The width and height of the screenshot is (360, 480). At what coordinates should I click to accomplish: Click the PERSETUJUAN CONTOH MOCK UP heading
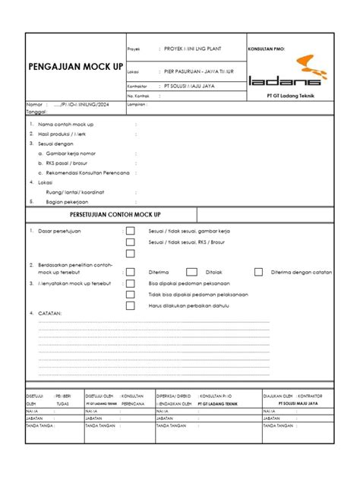point(110,215)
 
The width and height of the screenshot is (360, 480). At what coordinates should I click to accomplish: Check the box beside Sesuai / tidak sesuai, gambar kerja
point(131,231)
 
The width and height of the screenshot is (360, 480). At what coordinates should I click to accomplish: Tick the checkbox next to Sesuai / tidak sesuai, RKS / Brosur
point(131,242)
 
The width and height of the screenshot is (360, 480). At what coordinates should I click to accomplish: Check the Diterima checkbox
point(131,271)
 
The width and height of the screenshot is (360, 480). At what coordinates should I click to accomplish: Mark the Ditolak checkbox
point(191,271)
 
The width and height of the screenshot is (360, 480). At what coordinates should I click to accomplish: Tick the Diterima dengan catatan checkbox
point(259,271)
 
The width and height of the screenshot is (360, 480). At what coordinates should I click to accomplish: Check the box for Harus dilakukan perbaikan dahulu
point(131,306)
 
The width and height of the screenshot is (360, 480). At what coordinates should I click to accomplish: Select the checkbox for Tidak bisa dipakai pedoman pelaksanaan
point(131,294)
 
